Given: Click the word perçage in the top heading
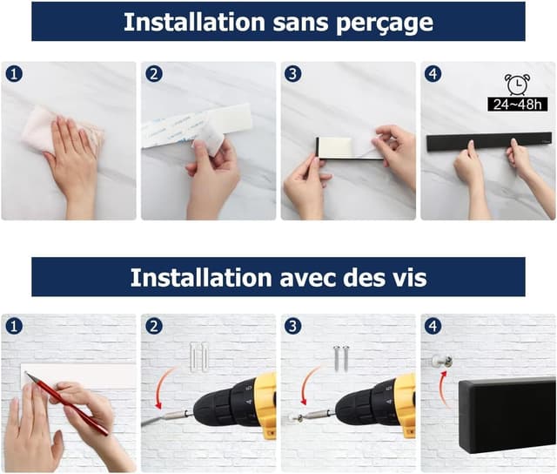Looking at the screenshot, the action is [385, 23].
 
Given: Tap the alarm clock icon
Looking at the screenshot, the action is [518, 85].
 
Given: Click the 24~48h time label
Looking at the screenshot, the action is [518, 105].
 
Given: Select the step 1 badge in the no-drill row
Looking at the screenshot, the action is [14, 74].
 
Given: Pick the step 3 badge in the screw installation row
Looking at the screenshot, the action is [293, 326].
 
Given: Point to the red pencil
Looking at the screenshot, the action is [66, 403].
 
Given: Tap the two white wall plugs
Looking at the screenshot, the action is [198, 356].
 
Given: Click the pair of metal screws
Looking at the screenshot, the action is [341, 358].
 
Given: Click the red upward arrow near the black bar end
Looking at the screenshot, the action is [442, 386].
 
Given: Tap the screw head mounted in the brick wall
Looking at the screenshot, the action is [441, 362].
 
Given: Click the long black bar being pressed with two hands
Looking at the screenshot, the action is [489, 143].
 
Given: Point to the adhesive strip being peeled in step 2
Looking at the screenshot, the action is [196, 130].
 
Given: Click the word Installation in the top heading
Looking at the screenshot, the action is [194, 22].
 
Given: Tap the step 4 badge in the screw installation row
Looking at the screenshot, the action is [433, 326].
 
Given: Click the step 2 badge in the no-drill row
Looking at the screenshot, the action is [154, 74].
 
